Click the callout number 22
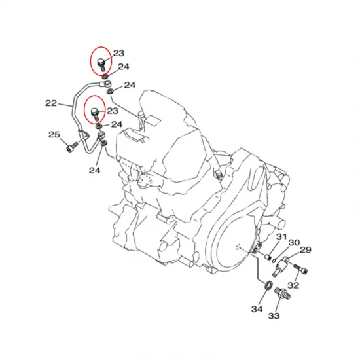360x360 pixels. coord(51,103)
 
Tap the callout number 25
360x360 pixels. coord(54,135)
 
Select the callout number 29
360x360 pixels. coord(306,250)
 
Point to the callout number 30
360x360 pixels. coord(294,242)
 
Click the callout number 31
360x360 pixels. coord(281,236)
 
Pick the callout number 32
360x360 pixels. coord(293,285)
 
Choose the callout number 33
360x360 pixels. coord(274,316)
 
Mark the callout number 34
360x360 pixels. coord(257,309)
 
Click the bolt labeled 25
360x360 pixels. coord(72,147)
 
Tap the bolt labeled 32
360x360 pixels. coord(300,268)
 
